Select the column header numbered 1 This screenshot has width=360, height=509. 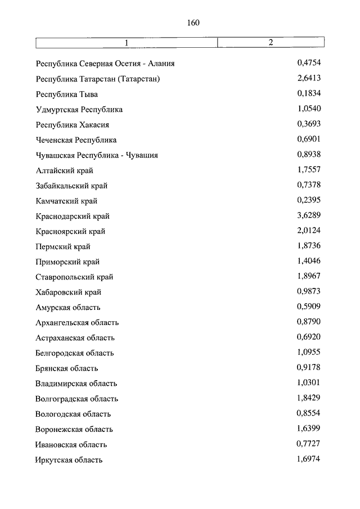click(127, 43)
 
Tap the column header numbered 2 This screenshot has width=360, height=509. click(271, 43)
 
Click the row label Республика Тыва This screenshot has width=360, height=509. click(66, 94)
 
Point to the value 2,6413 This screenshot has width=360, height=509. click(308, 78)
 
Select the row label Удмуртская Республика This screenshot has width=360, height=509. click(79, 110)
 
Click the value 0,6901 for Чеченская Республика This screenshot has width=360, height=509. click(308, 139)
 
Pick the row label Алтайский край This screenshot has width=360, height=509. click(65, 170)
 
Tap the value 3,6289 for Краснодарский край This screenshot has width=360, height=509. click(308, 216)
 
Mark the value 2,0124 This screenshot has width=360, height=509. click(308, 231)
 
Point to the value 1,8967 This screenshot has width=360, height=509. click(308, 277)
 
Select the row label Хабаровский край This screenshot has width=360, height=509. click(69, 292)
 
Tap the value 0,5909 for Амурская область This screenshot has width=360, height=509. click(308, 307)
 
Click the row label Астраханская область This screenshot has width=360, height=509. click(75, 338)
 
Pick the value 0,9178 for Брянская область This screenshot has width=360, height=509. click(308, 368)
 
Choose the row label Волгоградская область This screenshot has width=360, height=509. click(77, 399)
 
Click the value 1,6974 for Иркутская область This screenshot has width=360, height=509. click(308, 460)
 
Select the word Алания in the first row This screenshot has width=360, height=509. click(160, 64)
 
